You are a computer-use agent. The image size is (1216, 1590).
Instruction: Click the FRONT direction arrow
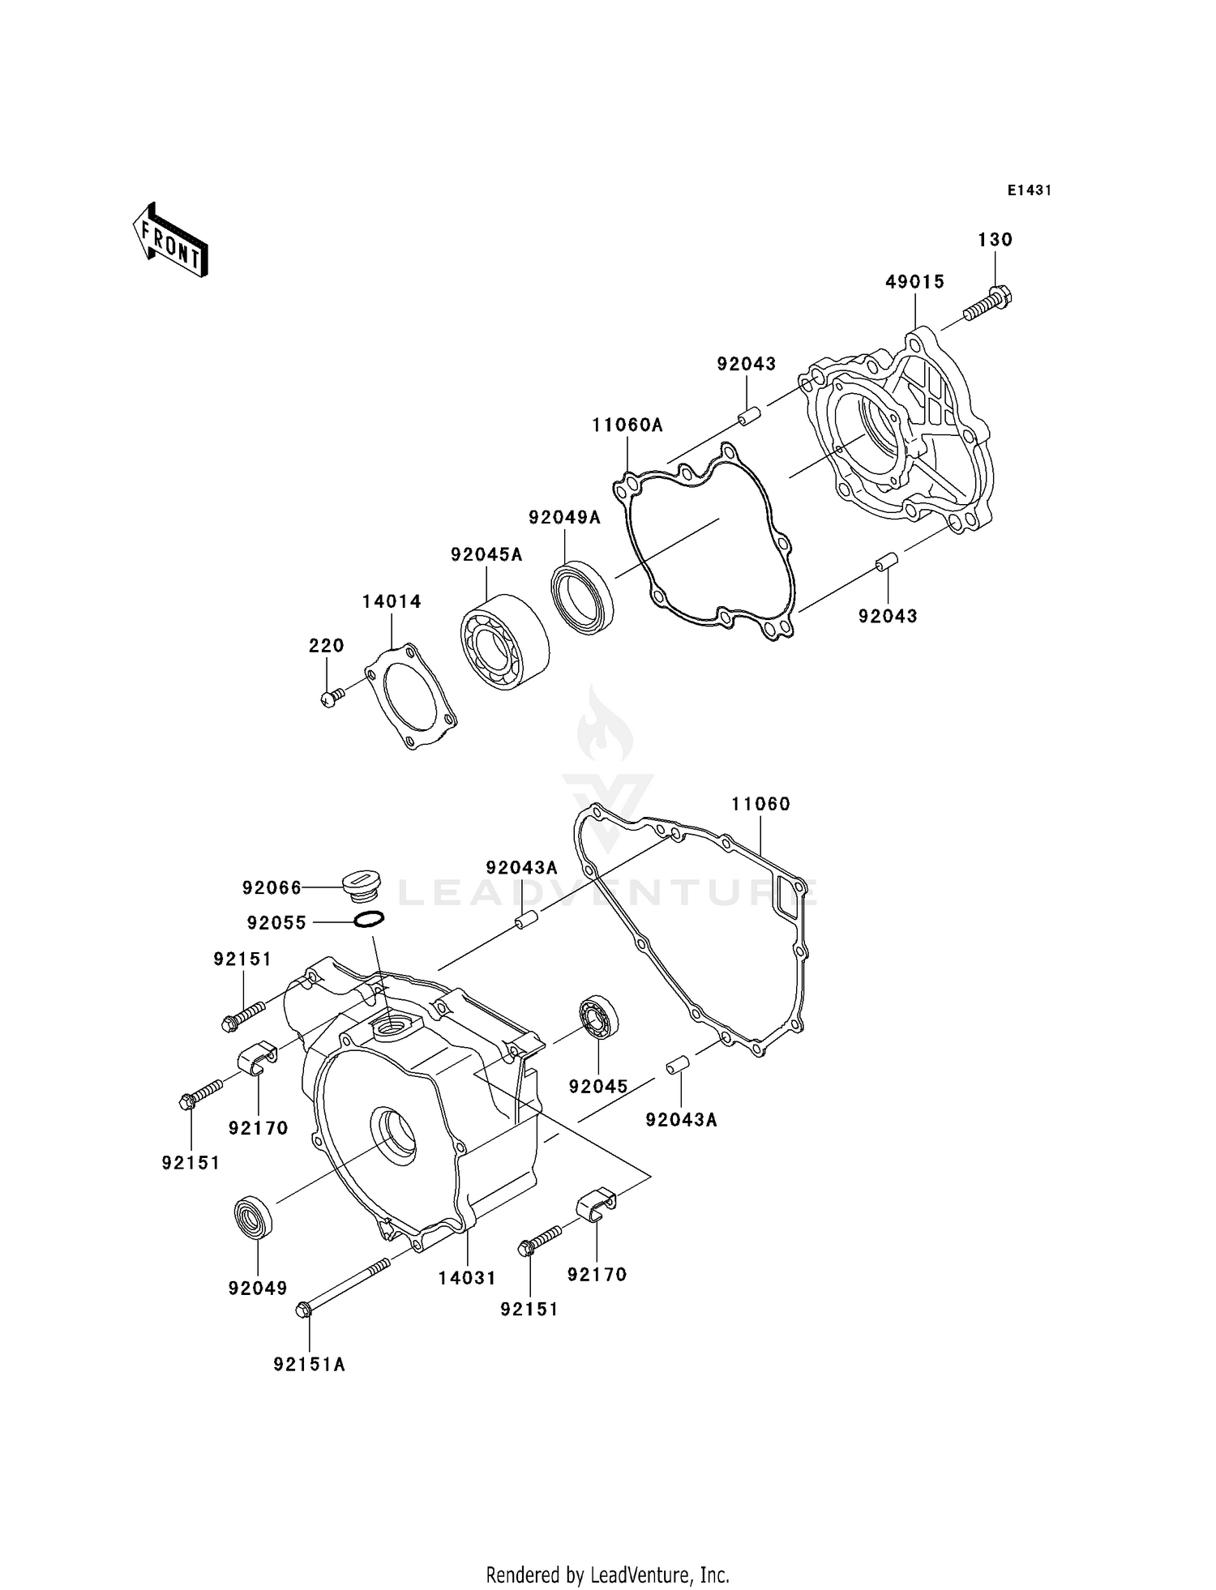pos(170,241)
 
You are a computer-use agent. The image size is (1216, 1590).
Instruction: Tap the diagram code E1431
pos(1029,190)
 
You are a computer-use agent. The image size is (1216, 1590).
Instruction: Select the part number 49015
pos(914,282)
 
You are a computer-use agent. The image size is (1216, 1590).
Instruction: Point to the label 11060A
pos(627,425)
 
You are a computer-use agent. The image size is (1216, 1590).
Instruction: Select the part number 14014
pos(392,601)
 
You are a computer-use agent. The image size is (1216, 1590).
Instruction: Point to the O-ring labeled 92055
pos(369,920)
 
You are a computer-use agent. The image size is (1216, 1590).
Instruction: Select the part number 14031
pos(467,1278)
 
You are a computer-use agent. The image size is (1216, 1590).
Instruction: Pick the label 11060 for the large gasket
pos(760,804)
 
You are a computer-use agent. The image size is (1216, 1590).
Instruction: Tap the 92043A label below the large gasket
pos(681,1120)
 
